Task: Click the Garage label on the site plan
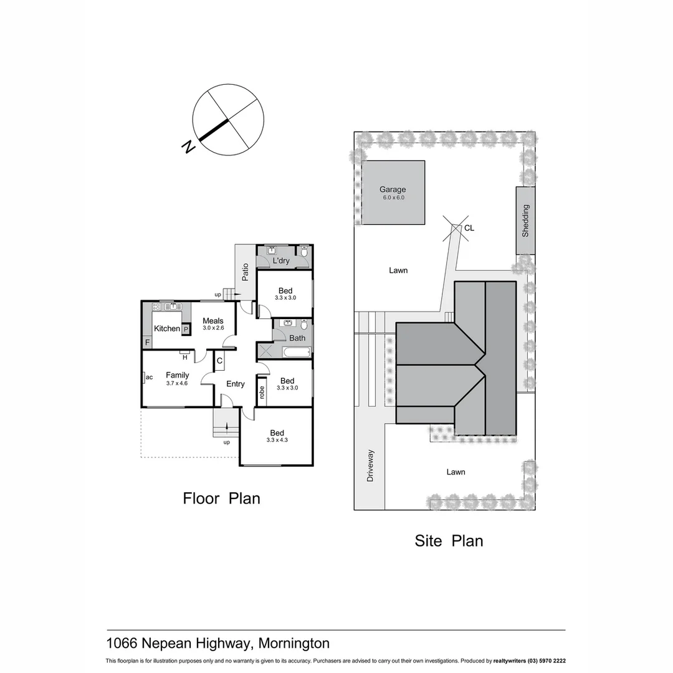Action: pyautogui.click(x=393, y=189)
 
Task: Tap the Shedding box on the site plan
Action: pyautogui.click(x=525, y=221)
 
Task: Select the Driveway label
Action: pyautogui.click(x=370, y=465)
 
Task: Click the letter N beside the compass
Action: pyautogui.click(x=186, y=147)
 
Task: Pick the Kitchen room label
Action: pyautogui.click(x=166, y=328)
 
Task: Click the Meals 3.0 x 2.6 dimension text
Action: pyautogui.click(x=212, y=328)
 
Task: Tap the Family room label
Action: pyautogui.click(x=177, y=375)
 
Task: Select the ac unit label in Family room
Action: pyautogui.click(x=149, y=377)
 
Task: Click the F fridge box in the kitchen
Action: pyautogui.click(x=147, y=342)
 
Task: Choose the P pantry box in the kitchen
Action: pyautogui.click(x=185, y=330)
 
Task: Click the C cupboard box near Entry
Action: pyautogui.click(x=219, y=360)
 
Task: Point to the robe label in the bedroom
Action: pyautogui.click(x=262, y=392)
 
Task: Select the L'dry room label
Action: pyautogui.click(x=280, y=261)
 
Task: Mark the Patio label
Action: pyautogui.click(x=246, y=272)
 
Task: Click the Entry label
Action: pyautogui.click(x=235, y=384)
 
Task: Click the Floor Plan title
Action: pyautogui.click(x=221, y=499)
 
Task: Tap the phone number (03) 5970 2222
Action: pyautogui.click(x=544, y=661)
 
